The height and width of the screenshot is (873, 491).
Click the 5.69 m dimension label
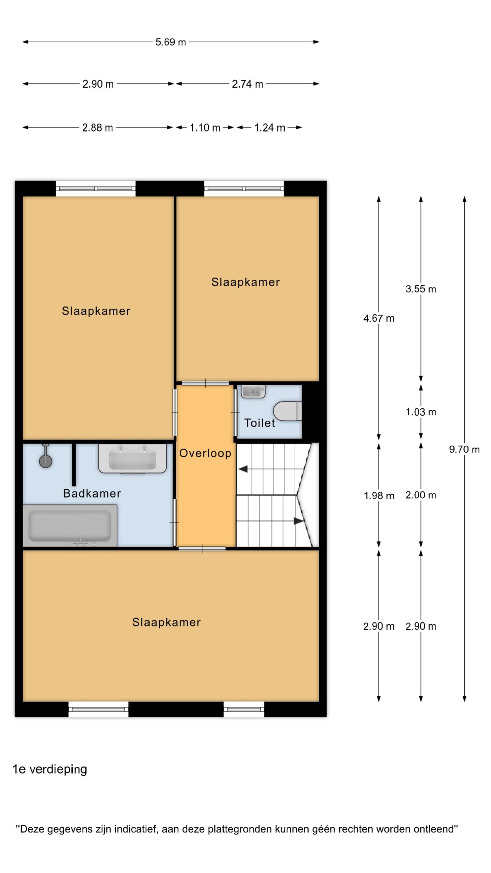[x=170, y=42]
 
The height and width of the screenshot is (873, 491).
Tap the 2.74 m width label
[x=248, y=84]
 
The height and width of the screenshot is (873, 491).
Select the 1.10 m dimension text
[x=205, y=128]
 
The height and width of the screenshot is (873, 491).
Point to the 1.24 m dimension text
[x=270, y=128]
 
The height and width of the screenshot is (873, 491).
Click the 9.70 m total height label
[x=464, y=449]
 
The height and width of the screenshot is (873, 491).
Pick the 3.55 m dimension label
[x=421, y=289]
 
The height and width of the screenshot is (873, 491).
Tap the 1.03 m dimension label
[x=421, y=412]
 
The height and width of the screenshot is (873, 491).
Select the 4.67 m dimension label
[x=379, y=319]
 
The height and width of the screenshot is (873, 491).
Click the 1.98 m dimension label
[x=379, y=495]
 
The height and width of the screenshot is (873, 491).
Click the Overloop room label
[x=205, y=453]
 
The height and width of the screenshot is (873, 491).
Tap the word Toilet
[x=259, y=423]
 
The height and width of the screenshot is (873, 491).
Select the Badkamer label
[x=92, y=493]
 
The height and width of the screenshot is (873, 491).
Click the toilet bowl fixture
[x=288, y=411]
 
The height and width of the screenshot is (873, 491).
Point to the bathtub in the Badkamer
[x=70, y=526]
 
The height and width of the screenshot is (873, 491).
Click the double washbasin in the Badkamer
[x=132, y=459]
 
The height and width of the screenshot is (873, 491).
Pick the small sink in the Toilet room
[x=253, y=391]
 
